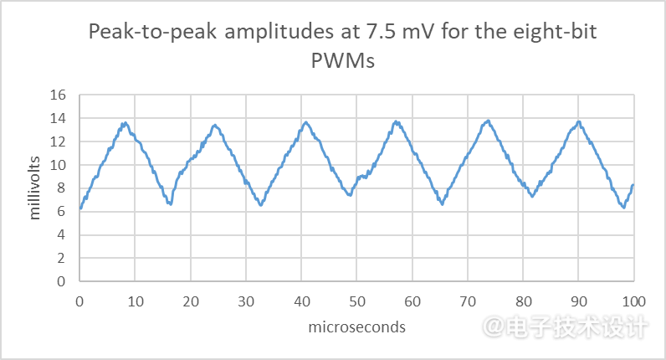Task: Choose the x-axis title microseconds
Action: pos(356,327)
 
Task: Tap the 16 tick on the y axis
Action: pos(58,95)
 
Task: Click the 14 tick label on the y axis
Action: pos(58,119)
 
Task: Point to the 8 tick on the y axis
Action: pos(61,188)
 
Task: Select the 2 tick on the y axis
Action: pos(61,259)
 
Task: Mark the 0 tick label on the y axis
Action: pos(61,282)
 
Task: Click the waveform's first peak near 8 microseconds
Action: pos(125,124)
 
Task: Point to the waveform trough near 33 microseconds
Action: pos(261,204)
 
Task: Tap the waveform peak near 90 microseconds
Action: pos(577,122)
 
